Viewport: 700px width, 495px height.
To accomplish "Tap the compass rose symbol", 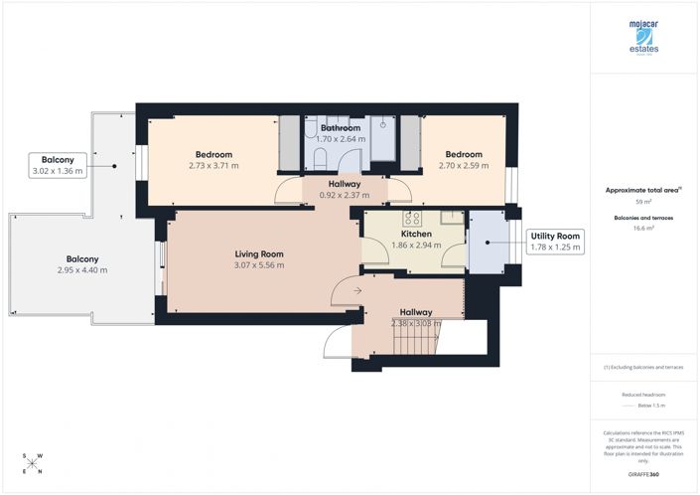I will click(x=32, y=464).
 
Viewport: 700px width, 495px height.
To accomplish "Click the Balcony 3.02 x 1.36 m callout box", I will click(x=57, y=165).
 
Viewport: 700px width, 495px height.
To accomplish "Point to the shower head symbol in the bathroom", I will click(x=382, y=126).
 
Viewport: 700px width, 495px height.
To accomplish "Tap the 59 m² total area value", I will click(x=644, y=202).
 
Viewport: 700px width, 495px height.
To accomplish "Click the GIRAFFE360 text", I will click(x=644, y=477).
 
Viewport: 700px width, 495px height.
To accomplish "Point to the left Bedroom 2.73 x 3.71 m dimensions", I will click(x=213, y=166).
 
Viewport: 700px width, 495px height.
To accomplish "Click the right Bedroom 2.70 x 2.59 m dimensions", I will click(x=463, y=166).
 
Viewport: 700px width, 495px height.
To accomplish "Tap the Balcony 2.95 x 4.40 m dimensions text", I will click(x=82, y=269).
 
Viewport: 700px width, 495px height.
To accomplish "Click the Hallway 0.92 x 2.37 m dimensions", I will click(x=344, y=196).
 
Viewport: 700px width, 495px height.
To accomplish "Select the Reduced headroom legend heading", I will click(x=644, y=395).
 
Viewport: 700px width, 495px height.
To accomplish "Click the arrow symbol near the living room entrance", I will click(x=342, y=290).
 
